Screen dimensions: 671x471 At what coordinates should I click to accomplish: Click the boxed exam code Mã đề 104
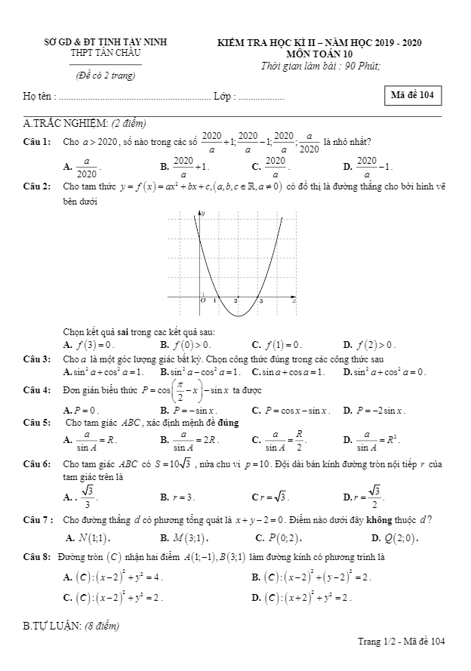pyautogui.click(x=412, y=95)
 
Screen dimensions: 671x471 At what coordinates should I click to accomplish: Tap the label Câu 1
pyautogui.click(x=37, y=141)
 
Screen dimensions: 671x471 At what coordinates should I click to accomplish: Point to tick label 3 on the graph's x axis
pyautogui.click(x=261, y=301)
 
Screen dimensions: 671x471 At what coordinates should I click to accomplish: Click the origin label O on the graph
pyautogui.click(x=202, y=300)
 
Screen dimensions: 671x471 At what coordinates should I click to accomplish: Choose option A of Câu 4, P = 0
pyautogui.click(x=78, y=411)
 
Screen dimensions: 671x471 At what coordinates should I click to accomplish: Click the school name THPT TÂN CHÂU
pyautogui.click(x=106, y=54)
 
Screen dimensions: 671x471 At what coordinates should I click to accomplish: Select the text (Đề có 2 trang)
pyautogui.click(x=105, y=75)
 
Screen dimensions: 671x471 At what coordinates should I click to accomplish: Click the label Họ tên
pyautogui.click(x=38, y=97)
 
